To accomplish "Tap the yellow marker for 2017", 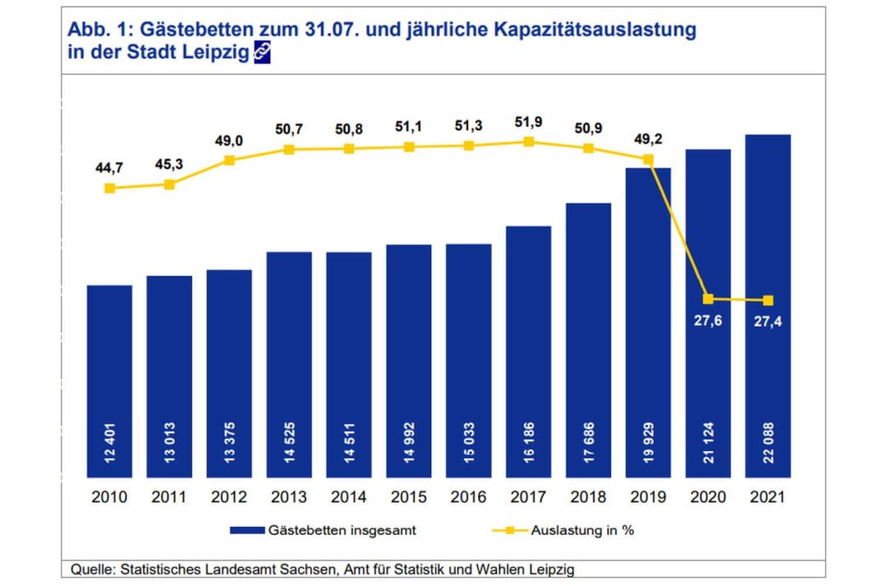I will pos(528,141).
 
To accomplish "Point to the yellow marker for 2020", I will pos(708,298).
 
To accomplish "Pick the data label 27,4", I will pos(767,321).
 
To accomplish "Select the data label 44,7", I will pos(110,168).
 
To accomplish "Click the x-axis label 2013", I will pos(289,497).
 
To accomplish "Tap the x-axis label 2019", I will pos(648,497).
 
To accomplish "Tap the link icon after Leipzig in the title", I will pos(261,53).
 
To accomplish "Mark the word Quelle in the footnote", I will pos(91,569).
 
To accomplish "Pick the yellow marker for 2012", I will pos(229,160).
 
